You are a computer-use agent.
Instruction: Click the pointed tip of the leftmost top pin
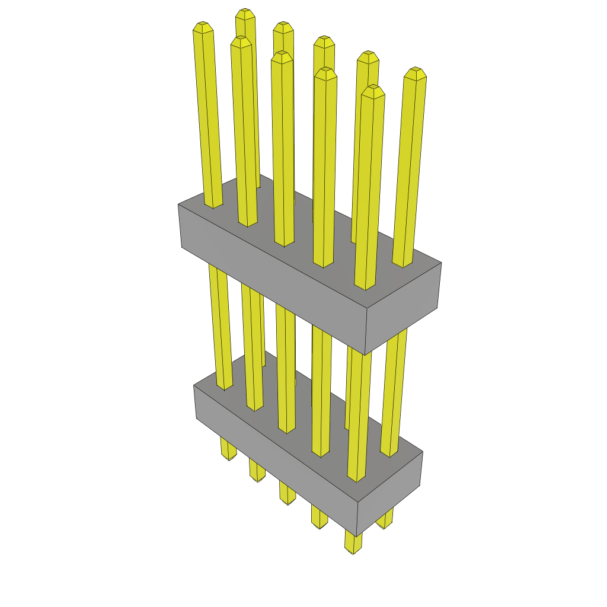click(x=203, y=27)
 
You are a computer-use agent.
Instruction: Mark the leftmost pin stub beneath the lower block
click(x=228, y=451)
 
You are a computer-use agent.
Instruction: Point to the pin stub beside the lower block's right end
click(x=385, y=522)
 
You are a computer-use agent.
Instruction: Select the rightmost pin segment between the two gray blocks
click(x=394, y=391)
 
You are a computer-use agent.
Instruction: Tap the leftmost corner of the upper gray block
click(x=178, y=205)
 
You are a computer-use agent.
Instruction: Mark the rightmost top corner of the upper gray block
click(x=442, y=263)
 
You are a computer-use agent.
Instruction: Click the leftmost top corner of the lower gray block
click(x=194, y=386)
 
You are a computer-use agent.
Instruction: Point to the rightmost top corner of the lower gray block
click(x=423, y=452)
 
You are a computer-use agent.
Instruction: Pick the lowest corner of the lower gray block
click(x=357, y=536)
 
